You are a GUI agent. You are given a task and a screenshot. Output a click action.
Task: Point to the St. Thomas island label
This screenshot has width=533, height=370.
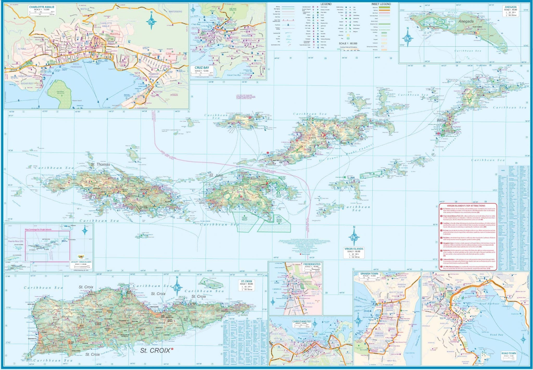(100, 164)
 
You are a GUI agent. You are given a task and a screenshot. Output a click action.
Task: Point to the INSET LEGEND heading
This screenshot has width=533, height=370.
(381, 4)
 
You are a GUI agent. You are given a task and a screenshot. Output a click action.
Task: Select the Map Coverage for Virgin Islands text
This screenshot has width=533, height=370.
(38, 230)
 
